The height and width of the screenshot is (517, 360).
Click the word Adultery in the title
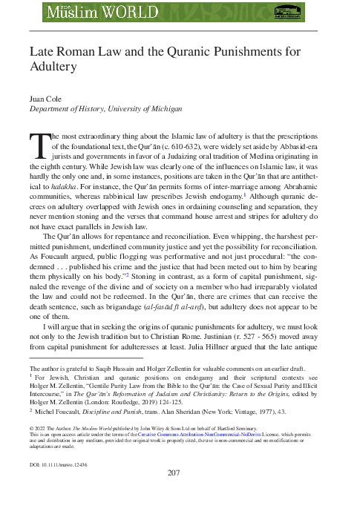(53, 67)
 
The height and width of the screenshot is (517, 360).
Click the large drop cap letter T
(39, 146)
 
